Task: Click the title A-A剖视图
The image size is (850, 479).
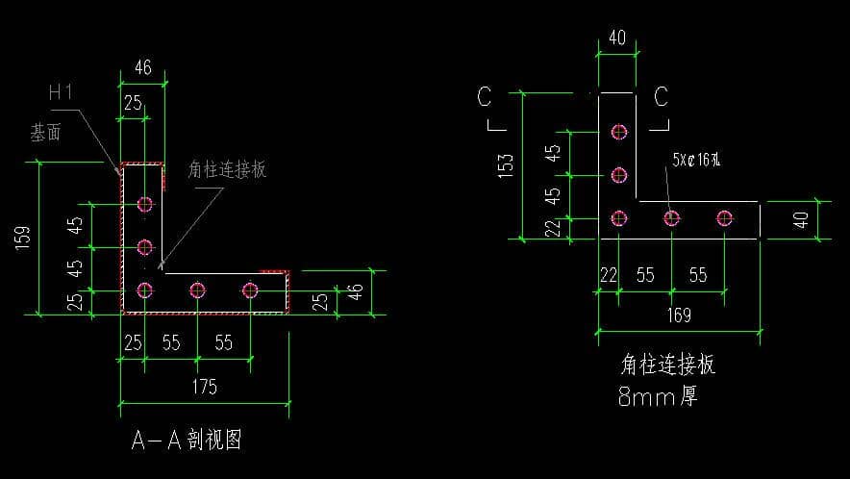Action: coord(186,441)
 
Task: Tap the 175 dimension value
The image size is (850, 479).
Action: coord(204,388)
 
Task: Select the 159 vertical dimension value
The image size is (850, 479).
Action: coord(23,238)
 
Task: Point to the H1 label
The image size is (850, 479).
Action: coord(62,93)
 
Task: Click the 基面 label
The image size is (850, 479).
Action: coord(46,133)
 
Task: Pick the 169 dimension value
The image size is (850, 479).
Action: coord(679,315)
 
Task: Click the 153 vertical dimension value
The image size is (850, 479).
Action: coord(508,164)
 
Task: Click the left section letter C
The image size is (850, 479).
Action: coord(485,97)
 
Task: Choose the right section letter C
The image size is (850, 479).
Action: coord(661,97)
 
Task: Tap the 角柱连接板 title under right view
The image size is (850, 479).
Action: coord(667,365)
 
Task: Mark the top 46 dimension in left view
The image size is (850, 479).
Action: coord(142,69)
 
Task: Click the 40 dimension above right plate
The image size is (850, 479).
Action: coord(616,39)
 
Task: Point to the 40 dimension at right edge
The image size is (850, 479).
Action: coord(802,220)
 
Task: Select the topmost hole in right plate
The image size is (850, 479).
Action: coord(618,131)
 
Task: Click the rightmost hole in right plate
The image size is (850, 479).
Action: coord(724,218)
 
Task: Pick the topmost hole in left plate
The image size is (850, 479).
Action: coord(145,203)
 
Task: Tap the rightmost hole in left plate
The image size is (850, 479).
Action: coord(250,290)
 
